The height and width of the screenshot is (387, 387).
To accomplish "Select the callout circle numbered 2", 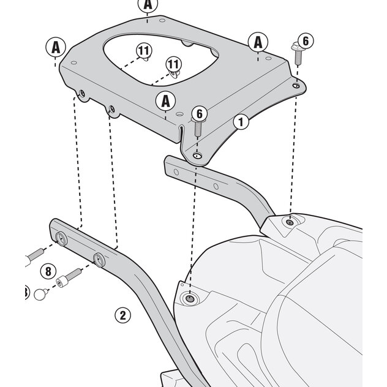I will pyautogui.click(x=122, y=315).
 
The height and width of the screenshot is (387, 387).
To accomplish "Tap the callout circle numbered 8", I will pyautogui.click(x=47, y=269).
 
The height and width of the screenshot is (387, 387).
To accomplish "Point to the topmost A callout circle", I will pyautogui.click(x=148, y=6).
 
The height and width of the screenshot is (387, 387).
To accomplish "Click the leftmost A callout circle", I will pyautogui.click(x=56, y=47).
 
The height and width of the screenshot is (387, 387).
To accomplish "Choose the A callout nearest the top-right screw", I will pyautogui.click(x=258, y=42).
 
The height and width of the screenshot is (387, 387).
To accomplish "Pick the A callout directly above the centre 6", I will pyautogui.click(x=165, y=100).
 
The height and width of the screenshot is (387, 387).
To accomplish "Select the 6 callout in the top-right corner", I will pyautogui.click(x=306, y=42).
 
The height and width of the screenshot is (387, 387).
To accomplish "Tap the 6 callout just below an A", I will pyautogui.click(x=197, y=113).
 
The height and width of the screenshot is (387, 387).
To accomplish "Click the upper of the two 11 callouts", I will pyautogui.click(x=143, y=51).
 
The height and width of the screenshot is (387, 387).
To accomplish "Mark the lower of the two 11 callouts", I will pyautogui.click(x=173, y=64).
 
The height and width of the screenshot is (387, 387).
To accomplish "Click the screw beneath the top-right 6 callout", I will pyautogui.click(x=298, y=56).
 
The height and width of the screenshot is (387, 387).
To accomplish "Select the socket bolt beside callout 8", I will pyautogui.click(x=69, y=277).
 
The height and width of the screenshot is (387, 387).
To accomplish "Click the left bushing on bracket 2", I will pyautogui.click(x=62, y=239).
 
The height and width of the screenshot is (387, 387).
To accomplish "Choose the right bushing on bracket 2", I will pyautogui.click(x=98, y=258).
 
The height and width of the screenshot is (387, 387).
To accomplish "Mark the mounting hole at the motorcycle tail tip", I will pyautogui.click(x=190, y=299).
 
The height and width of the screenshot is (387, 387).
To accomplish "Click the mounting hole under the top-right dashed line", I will pyautogui.click(x=289, y=222).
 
